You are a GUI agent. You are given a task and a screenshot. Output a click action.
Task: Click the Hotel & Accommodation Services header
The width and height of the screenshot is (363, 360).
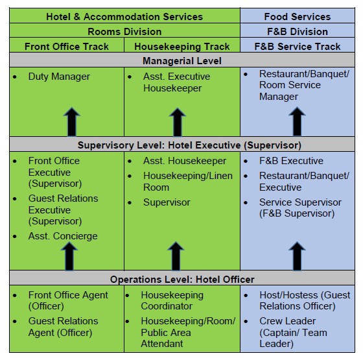[124, 17]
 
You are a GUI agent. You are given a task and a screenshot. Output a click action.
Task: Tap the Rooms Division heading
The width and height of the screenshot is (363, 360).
[124, 32]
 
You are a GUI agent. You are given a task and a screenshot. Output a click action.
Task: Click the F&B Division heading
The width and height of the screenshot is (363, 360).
[298, 32]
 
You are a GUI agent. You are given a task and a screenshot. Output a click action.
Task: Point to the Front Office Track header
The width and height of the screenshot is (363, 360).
[67, 46]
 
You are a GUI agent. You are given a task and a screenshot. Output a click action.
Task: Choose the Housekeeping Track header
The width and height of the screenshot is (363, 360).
[182, 46]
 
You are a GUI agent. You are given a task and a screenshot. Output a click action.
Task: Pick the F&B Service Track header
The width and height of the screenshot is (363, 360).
[298, 46]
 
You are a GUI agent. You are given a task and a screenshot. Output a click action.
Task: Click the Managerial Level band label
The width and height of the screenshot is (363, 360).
[182, 61]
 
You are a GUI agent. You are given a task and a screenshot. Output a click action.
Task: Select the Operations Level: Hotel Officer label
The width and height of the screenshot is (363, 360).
[182, 280]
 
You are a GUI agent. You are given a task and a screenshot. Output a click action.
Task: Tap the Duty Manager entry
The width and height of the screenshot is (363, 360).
[59, 77]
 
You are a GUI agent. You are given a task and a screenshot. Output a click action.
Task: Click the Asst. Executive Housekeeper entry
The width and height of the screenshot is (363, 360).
[176, 82]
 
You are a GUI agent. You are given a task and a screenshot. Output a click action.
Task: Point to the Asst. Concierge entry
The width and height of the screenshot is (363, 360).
[63, 236]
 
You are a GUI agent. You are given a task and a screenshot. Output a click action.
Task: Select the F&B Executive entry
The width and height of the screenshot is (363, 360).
[291, 161]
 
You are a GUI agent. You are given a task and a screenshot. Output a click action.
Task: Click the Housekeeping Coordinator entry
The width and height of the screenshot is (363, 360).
[172, 300]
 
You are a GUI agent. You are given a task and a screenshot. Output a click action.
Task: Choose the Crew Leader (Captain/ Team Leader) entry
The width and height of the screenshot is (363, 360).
[293, 332]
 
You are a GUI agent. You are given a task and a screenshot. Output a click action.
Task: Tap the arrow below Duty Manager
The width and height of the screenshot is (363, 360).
[72, 122]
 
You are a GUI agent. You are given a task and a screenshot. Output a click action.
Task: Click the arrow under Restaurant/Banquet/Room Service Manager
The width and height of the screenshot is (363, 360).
[297, 121]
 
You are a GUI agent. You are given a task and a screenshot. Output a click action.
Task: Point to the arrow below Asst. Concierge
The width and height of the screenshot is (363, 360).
[69, 256]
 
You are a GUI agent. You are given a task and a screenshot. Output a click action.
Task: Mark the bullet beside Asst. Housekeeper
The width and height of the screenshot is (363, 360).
[130, 162]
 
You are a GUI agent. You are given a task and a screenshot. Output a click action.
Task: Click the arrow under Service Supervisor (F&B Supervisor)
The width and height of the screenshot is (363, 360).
[297, 256]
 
